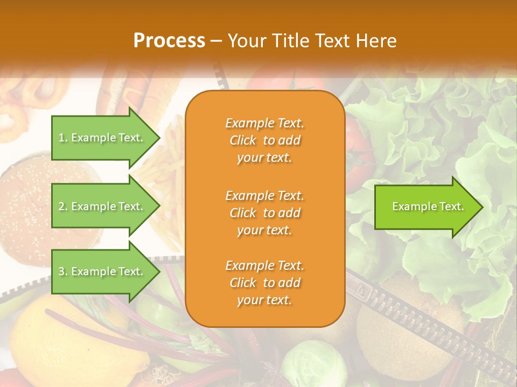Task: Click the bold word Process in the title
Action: [x=169, y=41]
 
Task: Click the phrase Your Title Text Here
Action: [x=312, y=41]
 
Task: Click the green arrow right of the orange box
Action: [x=425, y=207]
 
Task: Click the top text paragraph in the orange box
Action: [x=264, y=140]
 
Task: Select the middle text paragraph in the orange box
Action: [x=264, y=213]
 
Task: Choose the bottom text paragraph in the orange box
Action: [x=264, y=283]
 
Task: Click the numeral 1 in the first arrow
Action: [x=61, y=138]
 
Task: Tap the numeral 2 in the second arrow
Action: [x=61, y=206]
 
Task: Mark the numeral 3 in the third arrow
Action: [x=61, y=271]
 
